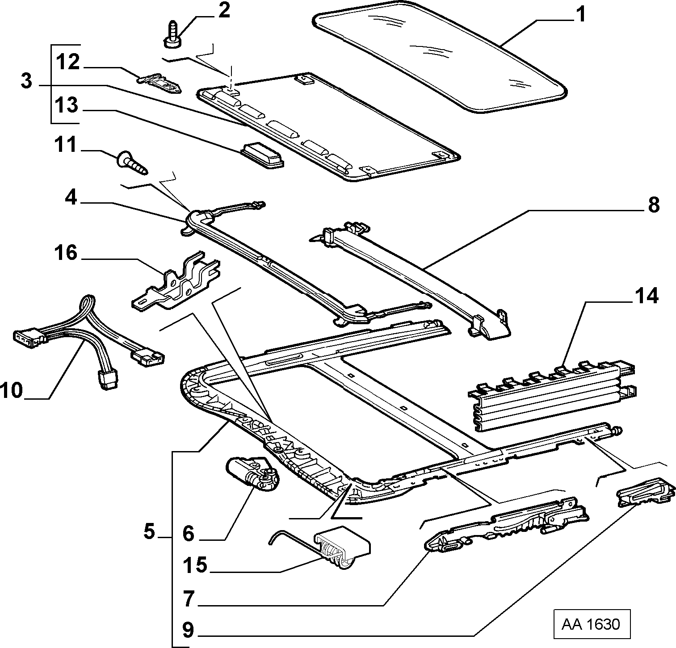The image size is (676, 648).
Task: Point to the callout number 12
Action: pyautogui.click(x=67, y=62)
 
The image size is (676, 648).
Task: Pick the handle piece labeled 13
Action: pyautogui.click(x=263, y=155)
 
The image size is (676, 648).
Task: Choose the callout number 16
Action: pyautogui.click(x=65, y=253)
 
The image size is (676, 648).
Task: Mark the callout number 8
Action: pyautogui.click(x=653, y=205)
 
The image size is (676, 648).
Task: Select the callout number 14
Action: pyautogui.click(x=647, y=297)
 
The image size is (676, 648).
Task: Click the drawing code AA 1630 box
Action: pyautogui.click(x=591, y=623)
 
